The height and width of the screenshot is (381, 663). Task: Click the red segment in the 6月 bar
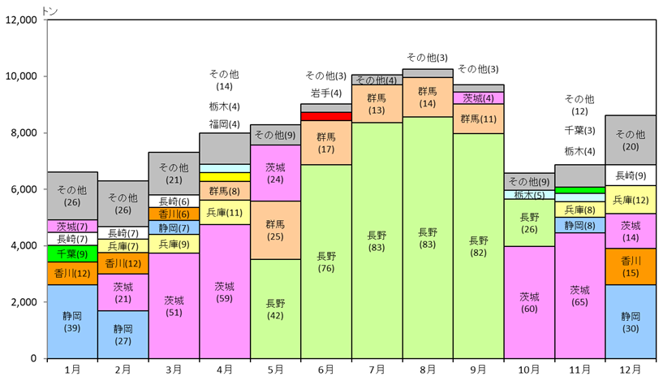(326, 116)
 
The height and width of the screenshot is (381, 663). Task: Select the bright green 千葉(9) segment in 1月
(72, 253)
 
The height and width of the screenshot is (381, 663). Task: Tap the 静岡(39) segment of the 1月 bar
(72, 322)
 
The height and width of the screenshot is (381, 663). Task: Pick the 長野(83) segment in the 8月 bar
(428, 238)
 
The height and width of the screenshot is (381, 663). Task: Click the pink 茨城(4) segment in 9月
(478, 98)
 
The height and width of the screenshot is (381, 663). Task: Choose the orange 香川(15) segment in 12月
(631, 266)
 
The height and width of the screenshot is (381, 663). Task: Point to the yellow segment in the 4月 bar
(225, 177)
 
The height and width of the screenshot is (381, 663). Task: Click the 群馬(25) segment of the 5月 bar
(275, 230)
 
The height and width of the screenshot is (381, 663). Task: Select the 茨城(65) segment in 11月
(579, 296)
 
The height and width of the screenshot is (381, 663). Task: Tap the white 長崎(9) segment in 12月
(631, 175)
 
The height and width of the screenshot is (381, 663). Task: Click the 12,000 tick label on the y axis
(21, 19)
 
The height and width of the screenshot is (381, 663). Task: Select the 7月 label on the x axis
(377, 370)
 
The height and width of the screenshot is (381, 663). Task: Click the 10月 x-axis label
(529, 370)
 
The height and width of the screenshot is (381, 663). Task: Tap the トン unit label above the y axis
(50, 11)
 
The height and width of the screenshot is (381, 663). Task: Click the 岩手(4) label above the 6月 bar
(326, 93)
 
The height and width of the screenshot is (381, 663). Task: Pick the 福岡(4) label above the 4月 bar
(225, 124)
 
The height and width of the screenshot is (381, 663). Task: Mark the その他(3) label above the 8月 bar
(427, 57)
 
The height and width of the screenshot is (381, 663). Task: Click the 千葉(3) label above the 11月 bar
(579, 131)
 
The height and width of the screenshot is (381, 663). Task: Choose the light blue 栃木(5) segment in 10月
(529, 195)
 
